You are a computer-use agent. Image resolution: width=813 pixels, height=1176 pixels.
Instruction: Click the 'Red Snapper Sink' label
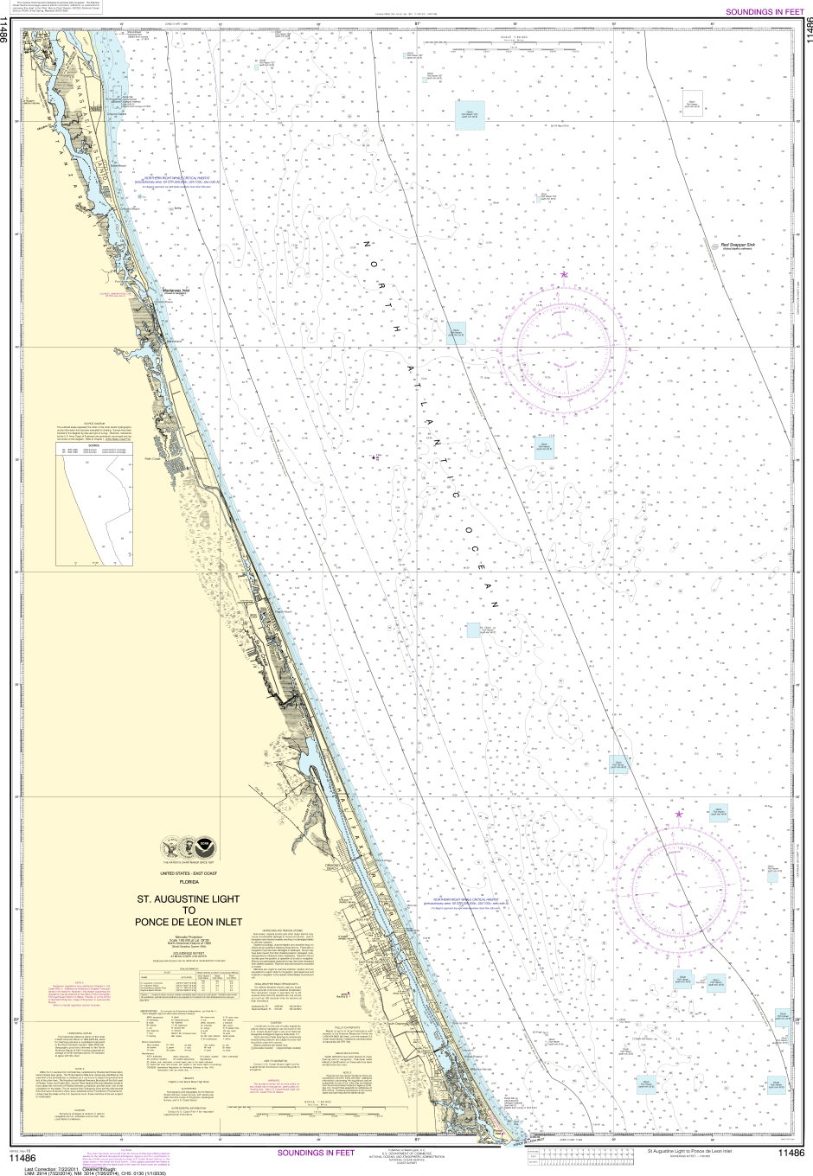pyautogui.click(x=739, y=245)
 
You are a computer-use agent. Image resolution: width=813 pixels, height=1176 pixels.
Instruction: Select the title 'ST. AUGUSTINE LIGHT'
pyautogui.click(x=189, y=898)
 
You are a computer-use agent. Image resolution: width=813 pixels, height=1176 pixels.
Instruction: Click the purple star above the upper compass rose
pyautogui.click(x=565, y=274)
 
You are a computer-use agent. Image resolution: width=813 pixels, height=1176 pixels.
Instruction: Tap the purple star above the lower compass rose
pyautogui.click(x=679, y=814)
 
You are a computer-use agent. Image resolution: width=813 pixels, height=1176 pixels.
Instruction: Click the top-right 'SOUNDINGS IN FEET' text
pyautogui.click(x=764, y=12)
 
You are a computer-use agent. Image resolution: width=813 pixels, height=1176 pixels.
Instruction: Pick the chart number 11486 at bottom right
pyautogui.click(x=790, y=1153)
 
